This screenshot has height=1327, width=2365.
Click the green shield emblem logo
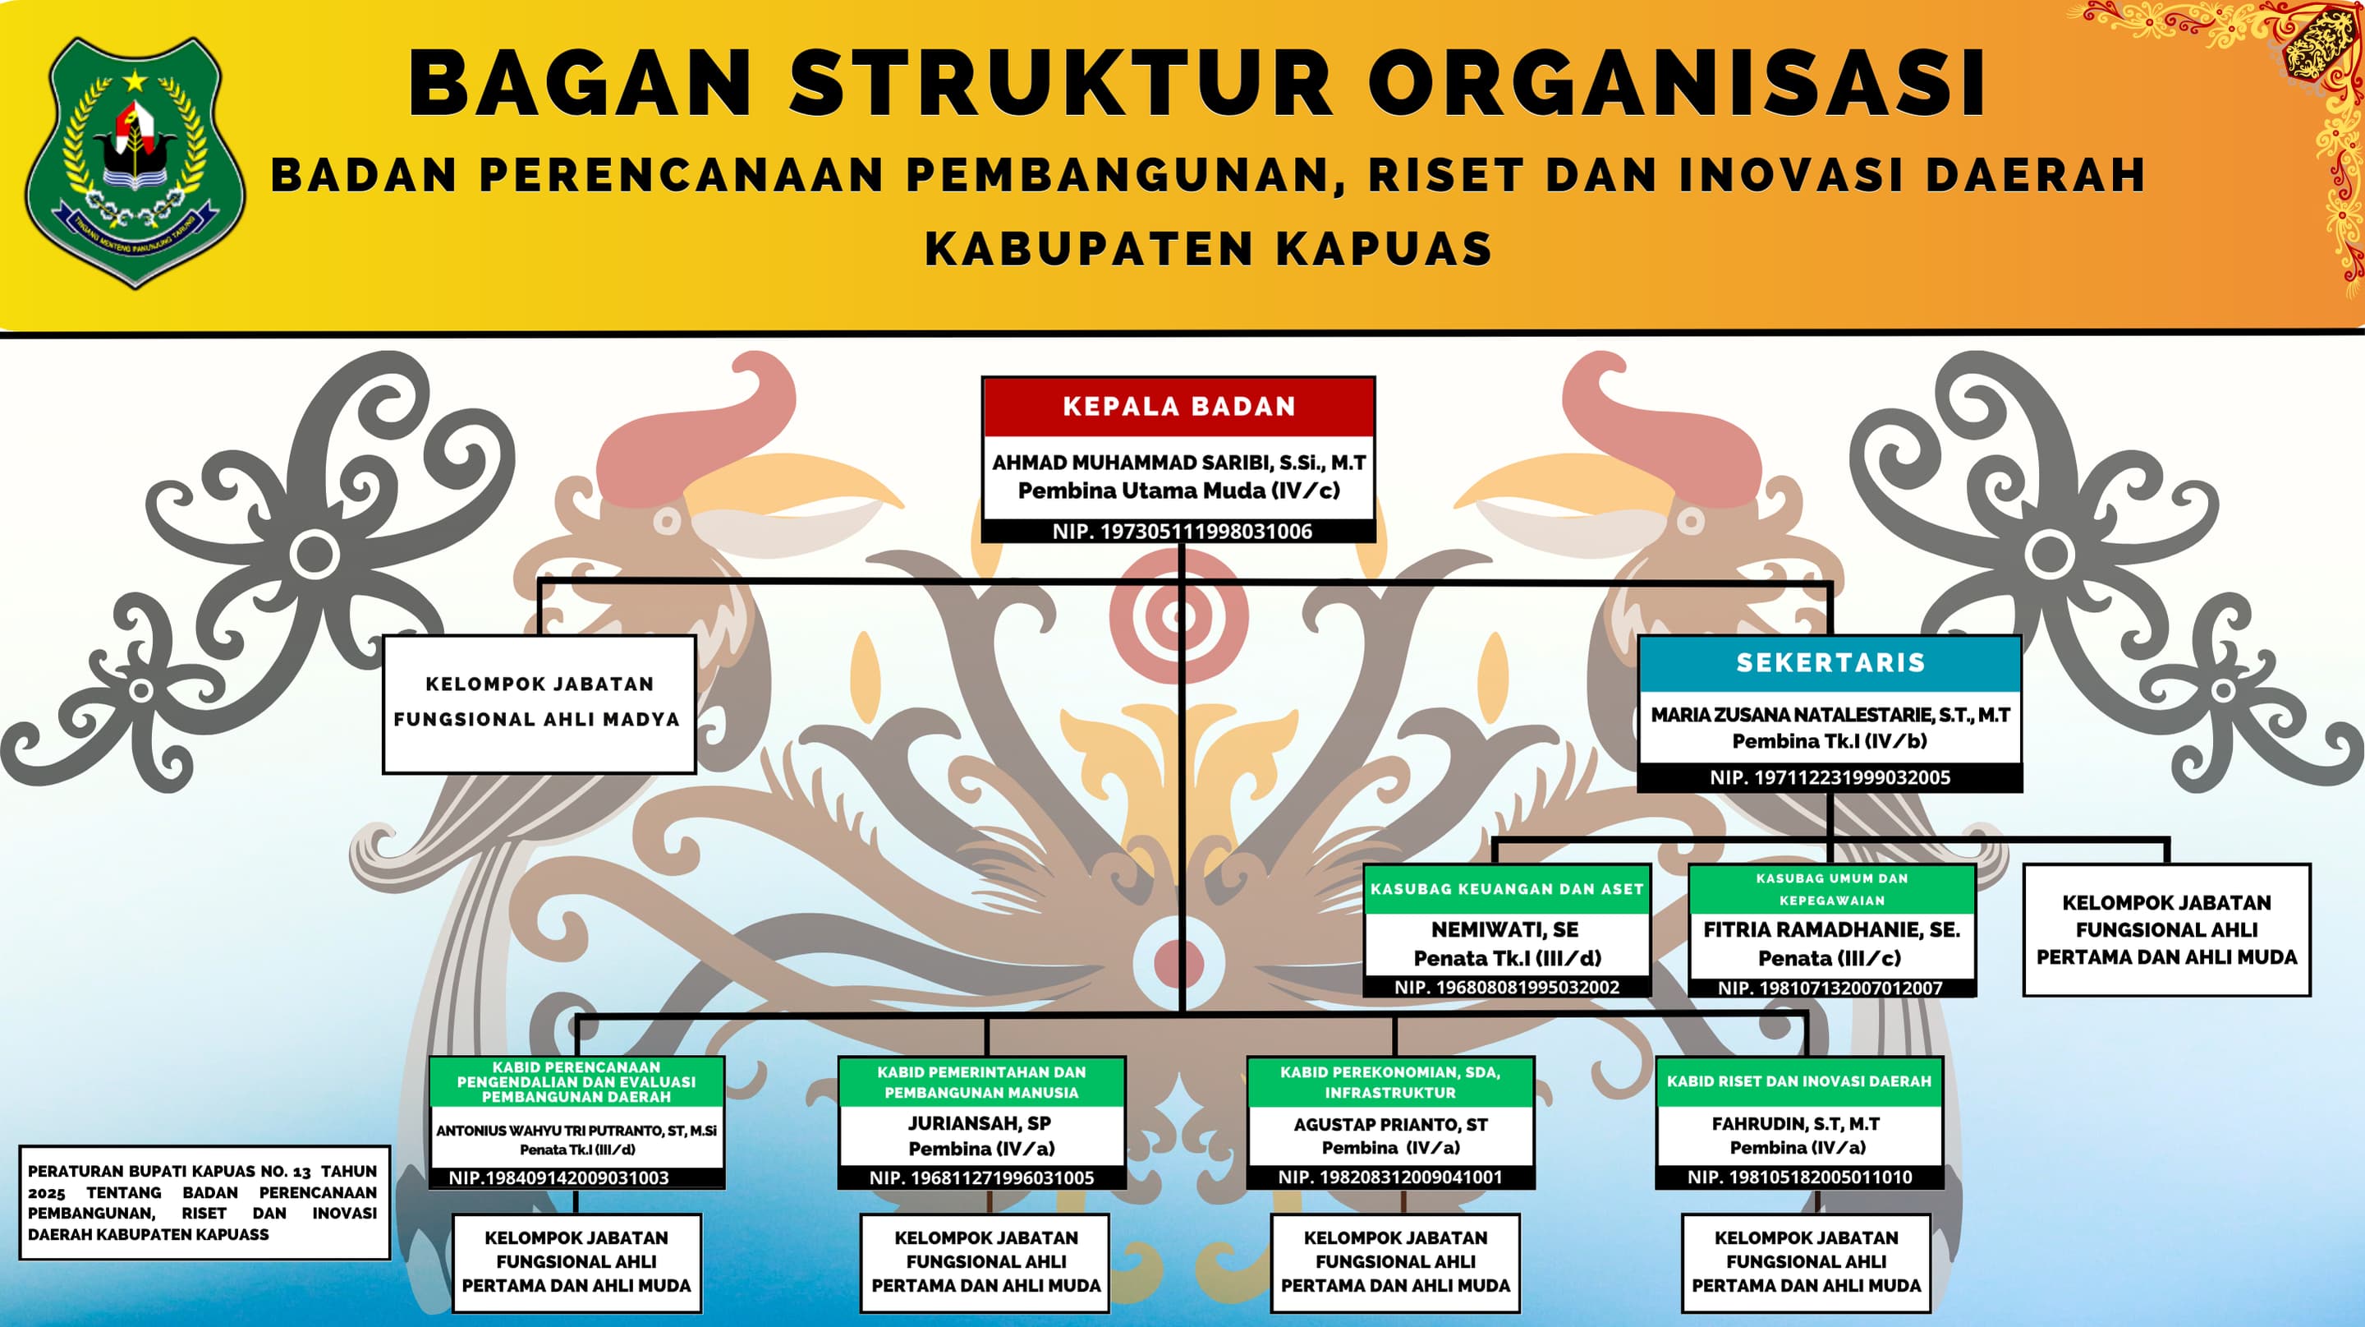(135, 163)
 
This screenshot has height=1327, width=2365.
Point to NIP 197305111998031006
(1182, 531)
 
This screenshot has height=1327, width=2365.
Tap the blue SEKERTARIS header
(1830, 663)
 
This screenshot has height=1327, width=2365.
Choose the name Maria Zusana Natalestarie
(1830, 715)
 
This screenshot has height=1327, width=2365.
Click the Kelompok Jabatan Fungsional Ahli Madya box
(539, 703)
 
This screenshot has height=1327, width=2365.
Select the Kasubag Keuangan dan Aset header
(1507, 889)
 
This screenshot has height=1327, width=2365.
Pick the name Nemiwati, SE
(1506, 929)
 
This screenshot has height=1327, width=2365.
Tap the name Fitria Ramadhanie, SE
(1831, 929)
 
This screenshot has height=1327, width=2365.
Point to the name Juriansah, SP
(980, 1123)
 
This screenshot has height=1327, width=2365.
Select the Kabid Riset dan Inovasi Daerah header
(1798, 1082)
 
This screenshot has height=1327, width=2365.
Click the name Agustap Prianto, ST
(1390, 1124)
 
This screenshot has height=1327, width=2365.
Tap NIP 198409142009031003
(558, 1177)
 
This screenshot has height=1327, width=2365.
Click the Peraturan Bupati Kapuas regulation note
(203, 1202)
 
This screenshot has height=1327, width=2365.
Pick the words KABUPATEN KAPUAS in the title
(1208, 249)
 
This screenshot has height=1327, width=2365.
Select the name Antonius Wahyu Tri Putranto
(576, 1131)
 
